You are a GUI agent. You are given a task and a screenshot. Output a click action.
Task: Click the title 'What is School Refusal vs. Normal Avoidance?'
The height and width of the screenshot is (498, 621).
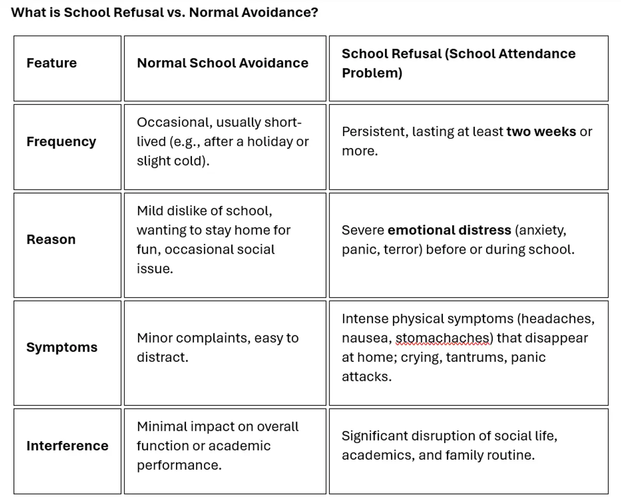(x=165, y=12)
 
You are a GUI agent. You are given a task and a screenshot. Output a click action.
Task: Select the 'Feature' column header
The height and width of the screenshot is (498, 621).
(x=52, y=63)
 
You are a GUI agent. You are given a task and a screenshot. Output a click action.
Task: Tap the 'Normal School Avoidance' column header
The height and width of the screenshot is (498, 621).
(x=223, y=63)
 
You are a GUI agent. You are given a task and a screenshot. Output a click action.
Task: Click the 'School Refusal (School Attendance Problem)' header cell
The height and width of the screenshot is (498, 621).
(x=458, y=63)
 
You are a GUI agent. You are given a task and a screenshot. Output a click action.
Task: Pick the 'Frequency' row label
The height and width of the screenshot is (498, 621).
(x=61, y=142)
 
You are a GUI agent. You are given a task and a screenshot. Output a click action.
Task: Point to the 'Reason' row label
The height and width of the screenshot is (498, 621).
(x=51, y=240)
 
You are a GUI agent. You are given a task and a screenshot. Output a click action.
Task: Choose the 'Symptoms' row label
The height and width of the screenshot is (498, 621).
(x=62, y=347)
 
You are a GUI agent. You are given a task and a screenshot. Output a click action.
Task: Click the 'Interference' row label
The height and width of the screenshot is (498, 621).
(x=67, y=446)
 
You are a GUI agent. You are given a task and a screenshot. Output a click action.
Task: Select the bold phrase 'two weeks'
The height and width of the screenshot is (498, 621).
(x=541, y=132)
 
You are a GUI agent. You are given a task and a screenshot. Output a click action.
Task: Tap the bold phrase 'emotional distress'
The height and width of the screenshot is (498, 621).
(x=449, y=230)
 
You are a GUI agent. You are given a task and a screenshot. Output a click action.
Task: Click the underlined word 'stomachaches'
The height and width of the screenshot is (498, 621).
(x=444, y=339)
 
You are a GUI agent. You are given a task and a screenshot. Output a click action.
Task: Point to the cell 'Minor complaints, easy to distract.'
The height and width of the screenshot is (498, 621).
(x=217, y=347)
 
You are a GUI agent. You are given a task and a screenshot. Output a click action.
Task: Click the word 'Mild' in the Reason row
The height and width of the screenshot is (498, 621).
(x=149, y=211)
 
